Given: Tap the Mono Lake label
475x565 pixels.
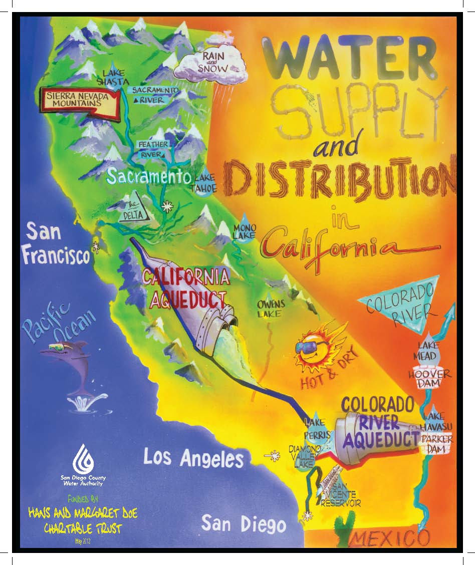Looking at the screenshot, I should [245, 231].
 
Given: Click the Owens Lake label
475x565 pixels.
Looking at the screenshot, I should [271, 309].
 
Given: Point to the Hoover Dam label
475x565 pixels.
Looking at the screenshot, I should [429, 379].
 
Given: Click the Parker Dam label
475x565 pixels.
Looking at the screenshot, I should [436, 444].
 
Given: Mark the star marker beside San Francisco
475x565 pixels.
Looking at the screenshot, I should [95, 247].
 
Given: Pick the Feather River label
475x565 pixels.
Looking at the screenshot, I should [154, 149].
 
